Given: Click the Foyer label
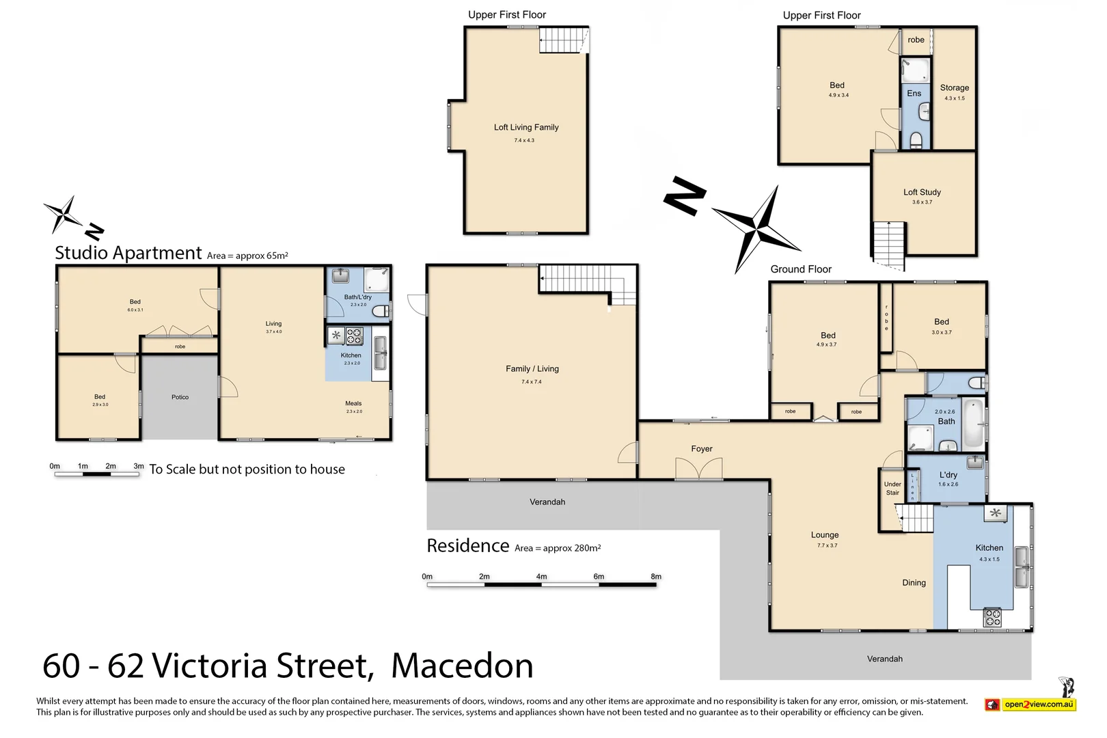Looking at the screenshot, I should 701,449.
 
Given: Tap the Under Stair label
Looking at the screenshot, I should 892,489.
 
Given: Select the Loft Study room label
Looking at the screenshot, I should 922,192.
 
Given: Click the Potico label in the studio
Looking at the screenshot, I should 180,397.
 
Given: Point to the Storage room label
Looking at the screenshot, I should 954,87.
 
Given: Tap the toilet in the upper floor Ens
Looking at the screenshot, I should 916,141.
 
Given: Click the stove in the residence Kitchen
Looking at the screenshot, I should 992,617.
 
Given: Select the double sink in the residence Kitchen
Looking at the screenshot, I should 1021,566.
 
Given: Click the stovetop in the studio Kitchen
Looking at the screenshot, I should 354,336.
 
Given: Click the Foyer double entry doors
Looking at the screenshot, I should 698,469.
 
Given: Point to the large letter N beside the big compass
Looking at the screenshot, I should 685,196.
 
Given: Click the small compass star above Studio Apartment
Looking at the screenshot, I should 64,213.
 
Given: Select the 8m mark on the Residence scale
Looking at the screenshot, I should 656,577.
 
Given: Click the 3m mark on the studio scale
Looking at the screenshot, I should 139,466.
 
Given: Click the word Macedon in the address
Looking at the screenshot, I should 462,666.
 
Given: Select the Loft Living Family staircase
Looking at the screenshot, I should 563,40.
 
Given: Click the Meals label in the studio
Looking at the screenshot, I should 353,403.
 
